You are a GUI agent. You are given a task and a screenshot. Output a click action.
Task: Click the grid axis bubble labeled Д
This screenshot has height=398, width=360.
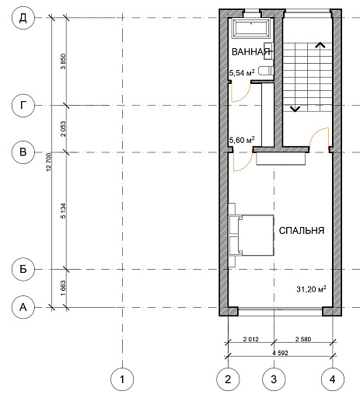pyautogui.click(x=23, y=18)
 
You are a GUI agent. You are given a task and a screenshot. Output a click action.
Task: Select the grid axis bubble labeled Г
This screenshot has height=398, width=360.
pyautogui.click(x=23, y=106)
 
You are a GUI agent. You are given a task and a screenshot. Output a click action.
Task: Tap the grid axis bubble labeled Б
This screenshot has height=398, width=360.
pyautogui.click(x=23, y=269)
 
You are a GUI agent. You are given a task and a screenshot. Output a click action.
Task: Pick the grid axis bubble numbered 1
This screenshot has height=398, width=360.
pyautogui.click(x=122, y=379)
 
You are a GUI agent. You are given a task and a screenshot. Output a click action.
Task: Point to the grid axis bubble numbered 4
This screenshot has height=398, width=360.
pyautogui.click(x=333, y=379)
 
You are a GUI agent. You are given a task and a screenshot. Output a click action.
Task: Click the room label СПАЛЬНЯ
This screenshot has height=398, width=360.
pyautogui.click(x=302, y=231)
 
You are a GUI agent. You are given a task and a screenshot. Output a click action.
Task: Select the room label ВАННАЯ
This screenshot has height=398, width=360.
pyautogui.click(x=251, y=52)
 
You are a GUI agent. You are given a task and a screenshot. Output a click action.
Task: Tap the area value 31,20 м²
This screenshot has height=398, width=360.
pyautogui.click(x=311, y=289)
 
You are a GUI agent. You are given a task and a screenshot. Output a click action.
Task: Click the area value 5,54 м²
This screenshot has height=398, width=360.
pyautogui.click(x=242, y=73)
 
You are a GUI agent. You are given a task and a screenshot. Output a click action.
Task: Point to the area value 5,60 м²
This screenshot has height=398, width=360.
pyautogui.click(x=242, y=140)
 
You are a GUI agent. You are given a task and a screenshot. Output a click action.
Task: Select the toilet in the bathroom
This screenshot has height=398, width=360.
pyautogui.click(x=266, y=71)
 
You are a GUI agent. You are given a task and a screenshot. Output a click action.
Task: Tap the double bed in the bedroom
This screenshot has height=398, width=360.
pyautogui.click(x=251, y=236)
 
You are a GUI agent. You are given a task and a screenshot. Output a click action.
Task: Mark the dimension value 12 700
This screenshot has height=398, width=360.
pyautogui.click(x=49, y=162)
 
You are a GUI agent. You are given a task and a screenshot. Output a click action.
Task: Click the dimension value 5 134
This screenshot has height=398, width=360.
pyautogui.click(x=63, y=211)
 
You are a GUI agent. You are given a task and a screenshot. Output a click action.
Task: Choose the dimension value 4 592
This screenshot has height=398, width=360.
pyautogui.click(x=280, y=353)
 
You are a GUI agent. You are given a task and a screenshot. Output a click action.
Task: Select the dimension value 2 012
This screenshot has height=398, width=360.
pyautogui.click(x=251, y=339)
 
